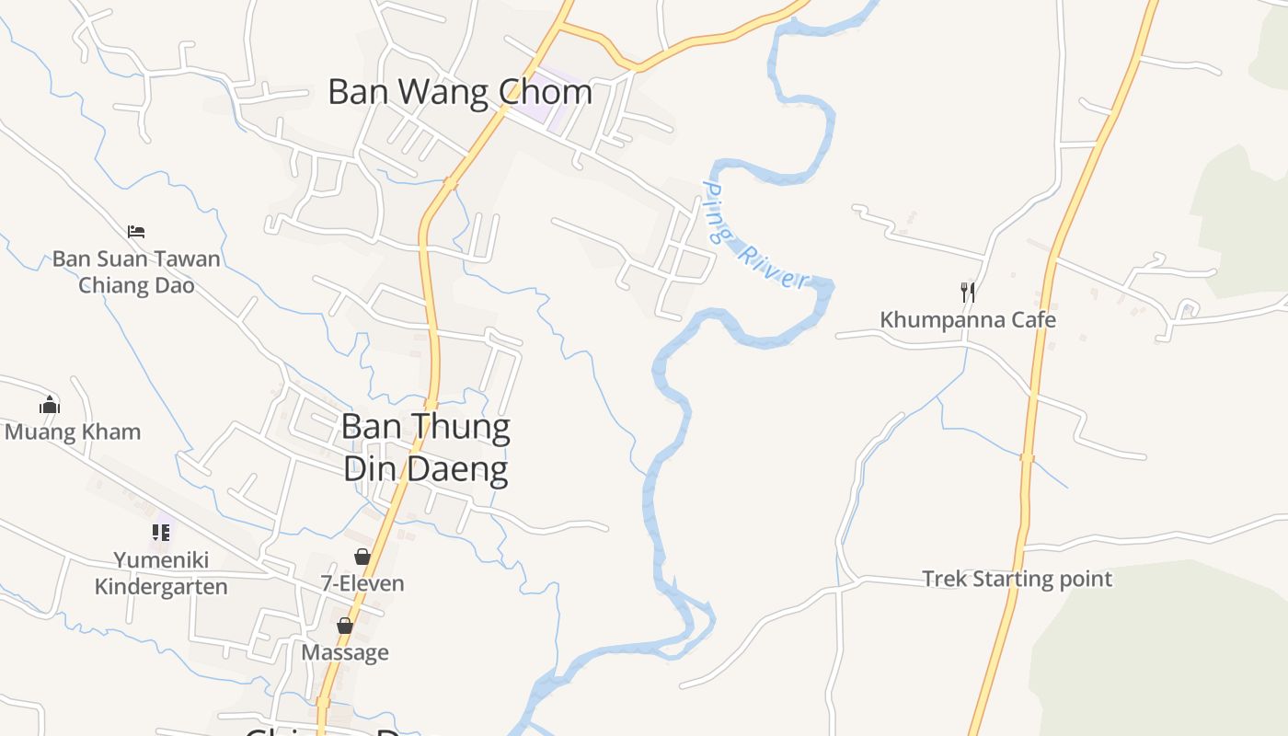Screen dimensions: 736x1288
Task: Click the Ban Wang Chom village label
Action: [x=460, y=92]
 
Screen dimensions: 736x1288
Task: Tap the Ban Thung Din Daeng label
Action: [x=426, y=448]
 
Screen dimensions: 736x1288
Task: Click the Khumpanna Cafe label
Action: [x=968, y=320]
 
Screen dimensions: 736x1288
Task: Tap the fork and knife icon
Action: [x=968, y=293]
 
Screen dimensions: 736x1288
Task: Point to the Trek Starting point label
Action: [x=1017, y=579]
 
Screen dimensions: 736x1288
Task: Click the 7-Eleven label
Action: [x=362, y=583]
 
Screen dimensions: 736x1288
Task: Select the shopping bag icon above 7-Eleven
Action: [x=362, y=557]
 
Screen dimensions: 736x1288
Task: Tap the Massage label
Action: [x=345, y=652]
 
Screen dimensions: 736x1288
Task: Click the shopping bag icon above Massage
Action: [x=345, y=626]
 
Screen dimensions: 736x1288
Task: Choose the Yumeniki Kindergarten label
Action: [x=161, y=573]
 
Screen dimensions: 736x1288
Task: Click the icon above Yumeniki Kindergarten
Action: [x=161, y=532]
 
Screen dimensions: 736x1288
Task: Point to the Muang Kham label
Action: [x=73, y=431]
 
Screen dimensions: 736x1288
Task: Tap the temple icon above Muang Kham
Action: [x=50, y=405]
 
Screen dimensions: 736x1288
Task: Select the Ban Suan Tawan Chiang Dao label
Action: [x=136, y=271]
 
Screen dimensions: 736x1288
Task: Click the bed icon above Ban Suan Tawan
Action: [x=136, y=231]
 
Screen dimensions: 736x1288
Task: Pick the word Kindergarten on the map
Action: [x=161, y=587]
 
